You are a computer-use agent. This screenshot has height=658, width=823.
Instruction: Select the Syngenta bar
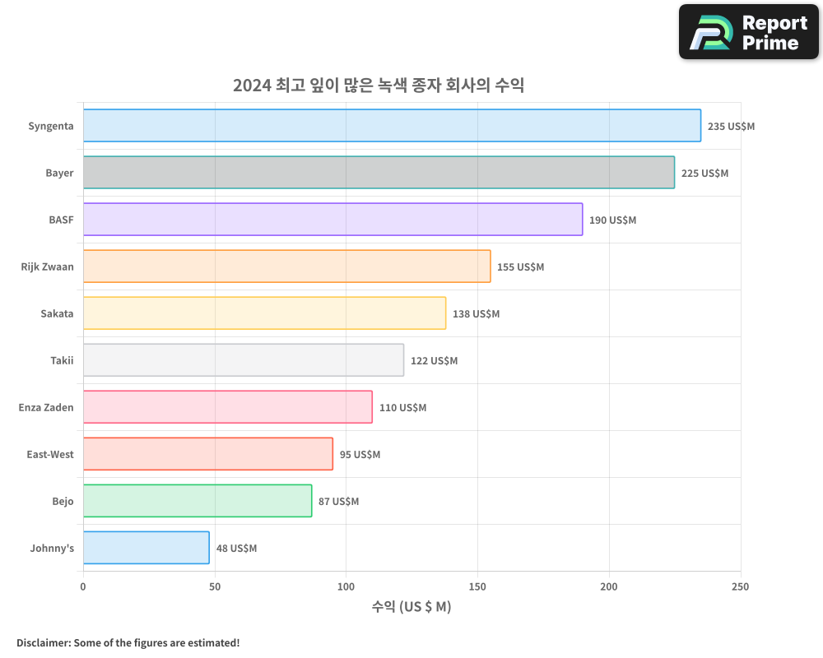392,126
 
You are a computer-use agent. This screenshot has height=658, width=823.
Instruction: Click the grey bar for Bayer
379,173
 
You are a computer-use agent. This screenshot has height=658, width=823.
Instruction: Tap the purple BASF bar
332,220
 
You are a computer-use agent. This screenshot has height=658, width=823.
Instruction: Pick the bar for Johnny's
146,548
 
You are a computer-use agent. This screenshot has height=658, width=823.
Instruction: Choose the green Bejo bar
198,501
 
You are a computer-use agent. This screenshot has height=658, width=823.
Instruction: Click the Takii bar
244,360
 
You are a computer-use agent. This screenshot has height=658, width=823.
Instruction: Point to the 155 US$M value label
520,266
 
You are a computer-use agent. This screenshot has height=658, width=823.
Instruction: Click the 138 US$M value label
476,313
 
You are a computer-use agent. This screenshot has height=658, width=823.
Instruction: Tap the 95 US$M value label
360,454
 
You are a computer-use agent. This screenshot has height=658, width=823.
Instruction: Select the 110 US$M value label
402,407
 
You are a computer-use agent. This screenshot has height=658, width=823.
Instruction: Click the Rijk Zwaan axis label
47,266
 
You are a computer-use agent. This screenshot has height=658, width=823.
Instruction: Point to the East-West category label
49,454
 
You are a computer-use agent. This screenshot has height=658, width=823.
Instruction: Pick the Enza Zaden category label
46,407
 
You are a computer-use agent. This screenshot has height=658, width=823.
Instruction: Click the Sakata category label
57,313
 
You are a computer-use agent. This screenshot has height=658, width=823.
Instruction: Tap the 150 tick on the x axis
477,586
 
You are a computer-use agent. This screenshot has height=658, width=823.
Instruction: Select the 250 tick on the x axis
740,586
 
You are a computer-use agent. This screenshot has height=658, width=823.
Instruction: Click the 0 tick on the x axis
83,586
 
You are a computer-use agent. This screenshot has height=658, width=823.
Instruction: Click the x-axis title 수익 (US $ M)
411,607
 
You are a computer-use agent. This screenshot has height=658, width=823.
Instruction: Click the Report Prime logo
748,32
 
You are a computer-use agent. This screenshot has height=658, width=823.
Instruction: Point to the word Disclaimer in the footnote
43,642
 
